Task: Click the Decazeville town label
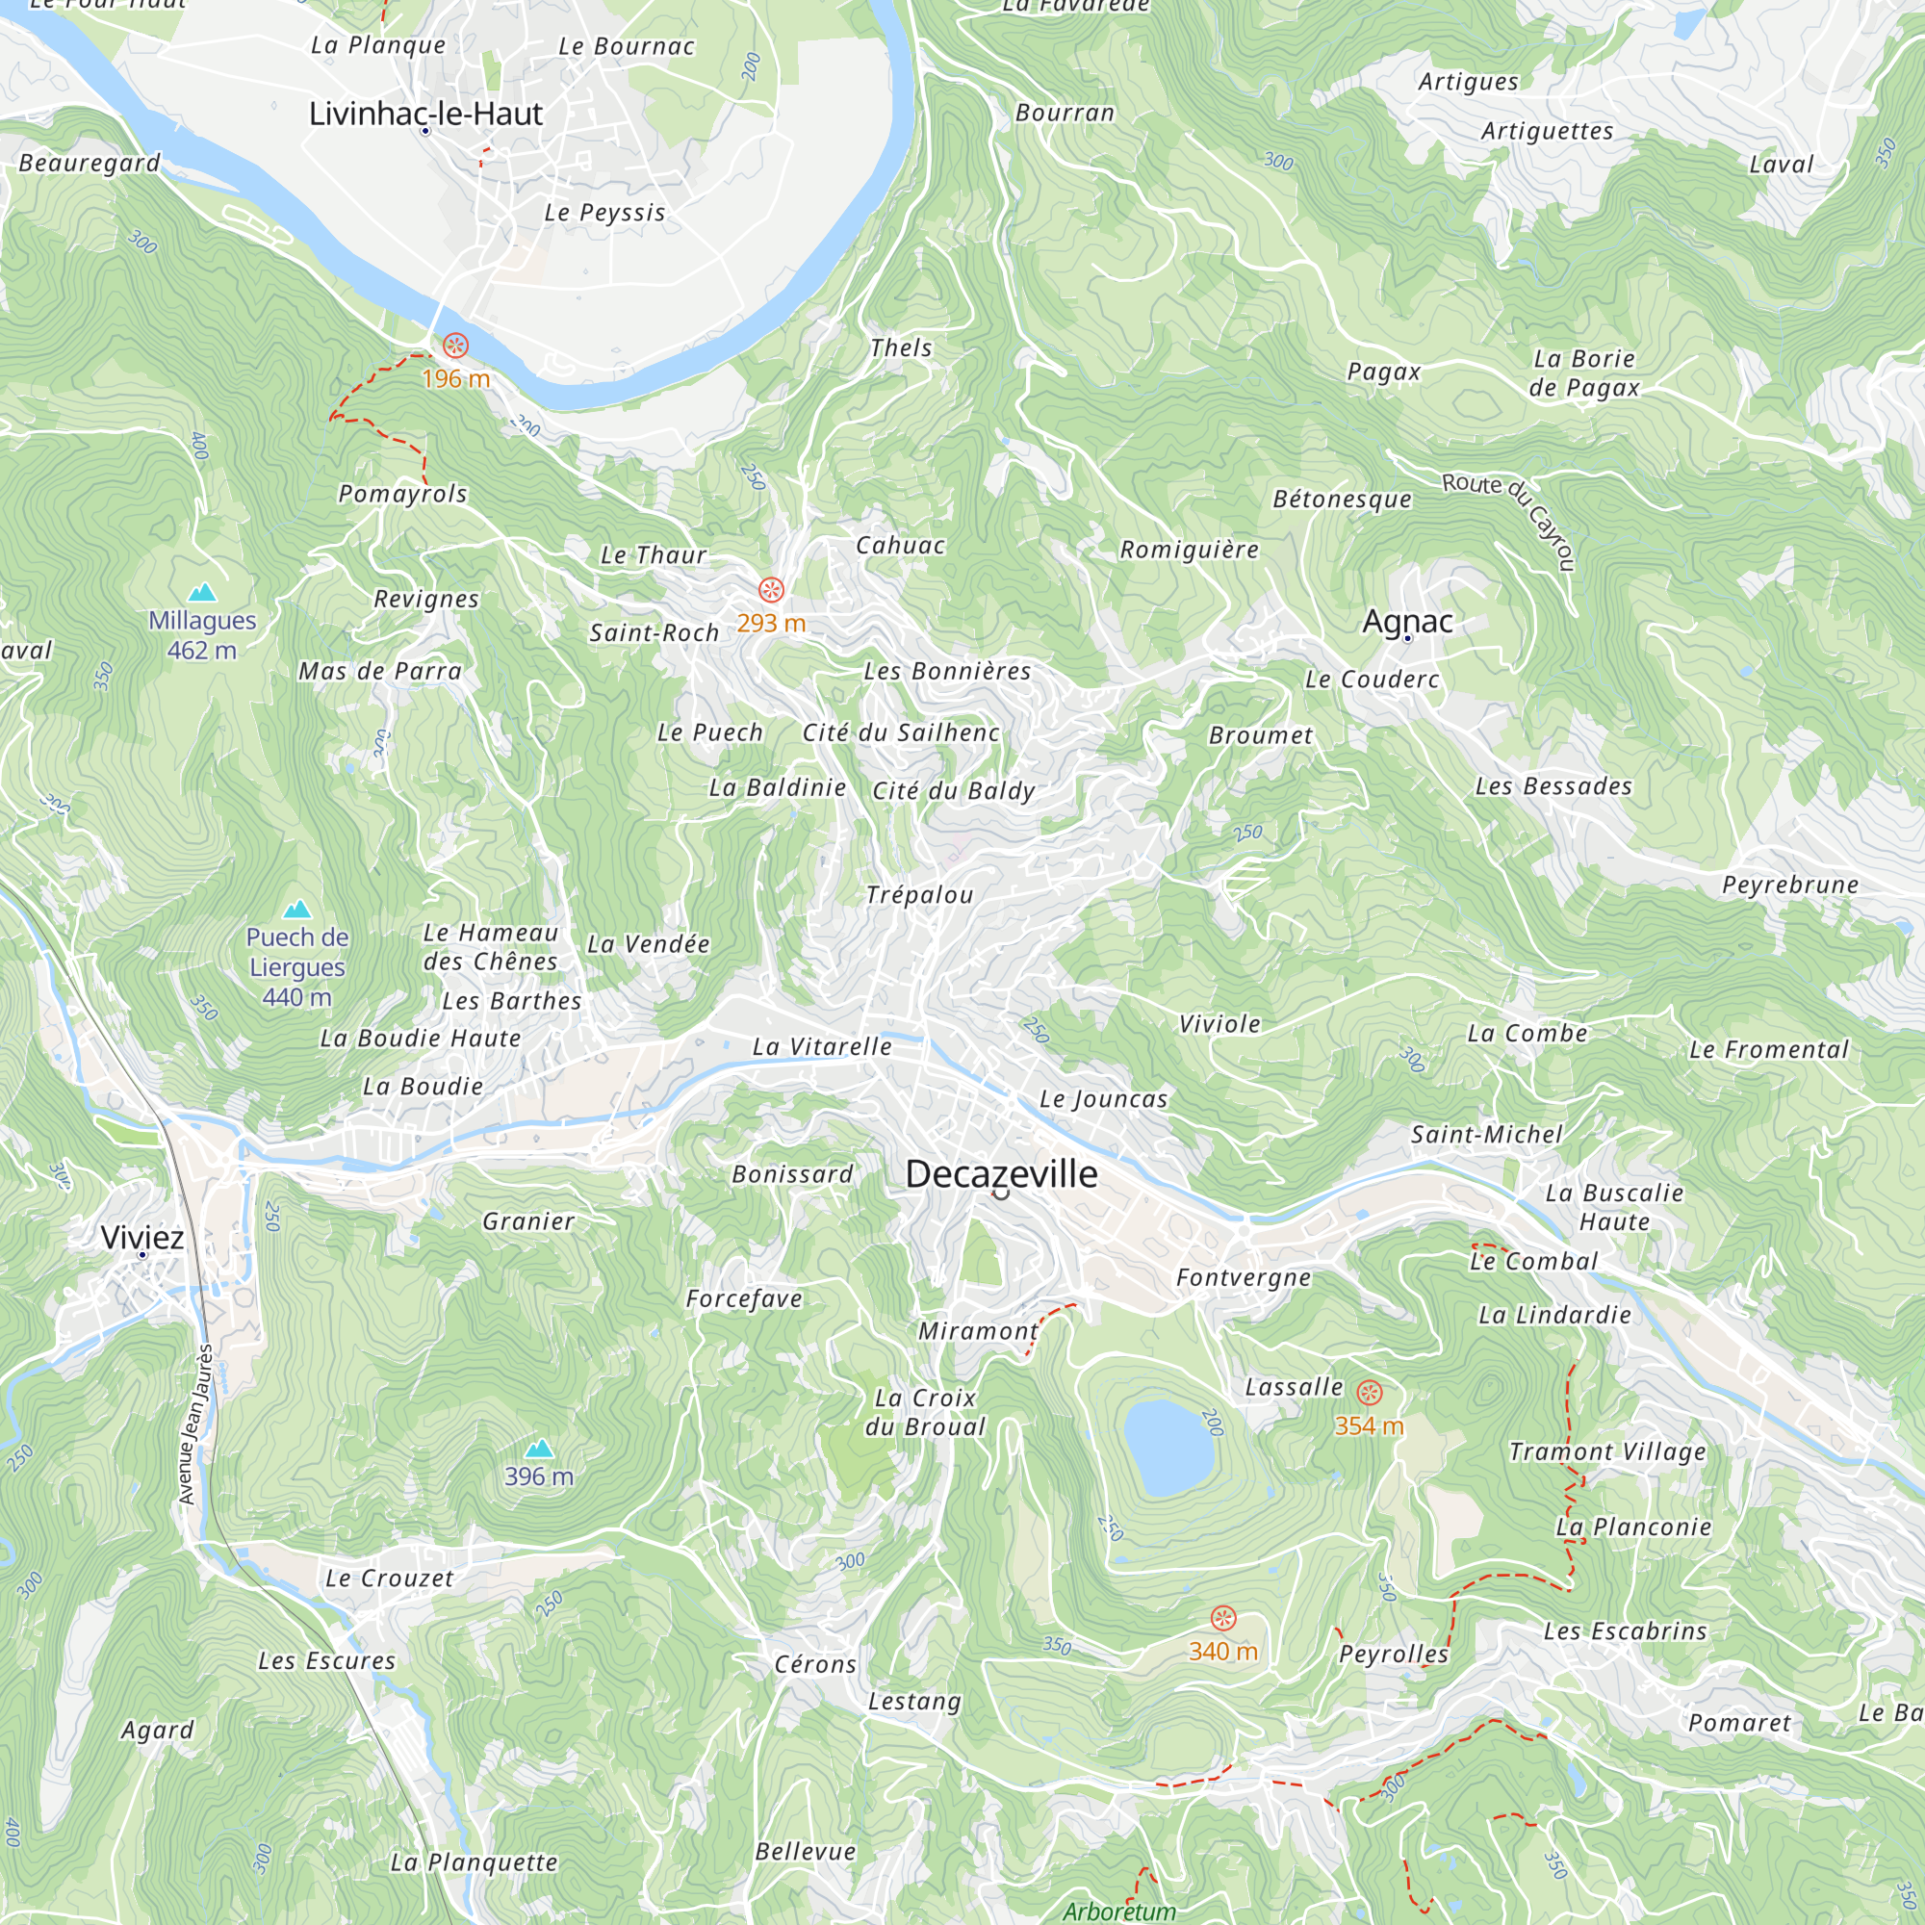pos(1001,1173)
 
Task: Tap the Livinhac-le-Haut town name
pos(425,114)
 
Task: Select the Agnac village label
pos(1407,621)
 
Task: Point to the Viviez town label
pos(142,1238)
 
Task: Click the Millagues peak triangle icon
pos(202,593)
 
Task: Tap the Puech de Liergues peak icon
pos(296,910)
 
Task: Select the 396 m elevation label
pos(539,1476)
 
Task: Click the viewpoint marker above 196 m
pos(455,346)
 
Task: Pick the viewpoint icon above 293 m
pos(771,590)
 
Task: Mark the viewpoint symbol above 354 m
pos(1370,1393)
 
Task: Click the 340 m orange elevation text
pos(1222,1652)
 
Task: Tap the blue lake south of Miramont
pos(1168,1447)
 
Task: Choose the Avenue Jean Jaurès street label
pos(195,1424)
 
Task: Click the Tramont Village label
pos(1607,1451)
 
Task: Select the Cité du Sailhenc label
pos(901,732)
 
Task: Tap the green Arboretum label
pos(1119,1912)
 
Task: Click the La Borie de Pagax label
pos(1584,372)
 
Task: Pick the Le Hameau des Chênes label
pos(490,946)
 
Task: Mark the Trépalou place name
pos(919,895)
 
